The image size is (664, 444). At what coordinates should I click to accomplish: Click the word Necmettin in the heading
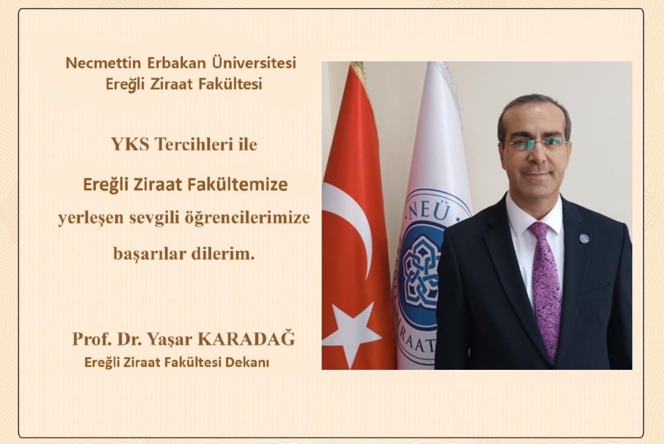pos(103,63)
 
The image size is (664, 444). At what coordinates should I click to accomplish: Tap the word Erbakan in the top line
pos(176,63)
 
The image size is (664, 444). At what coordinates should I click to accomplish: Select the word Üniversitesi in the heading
pos(254,63)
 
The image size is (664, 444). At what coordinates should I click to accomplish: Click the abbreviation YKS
pos(130,145)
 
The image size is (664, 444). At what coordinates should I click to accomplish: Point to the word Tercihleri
pos(194,145)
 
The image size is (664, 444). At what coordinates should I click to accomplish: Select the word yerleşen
pos(91,218)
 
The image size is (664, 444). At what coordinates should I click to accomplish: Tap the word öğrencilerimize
pos(247,218)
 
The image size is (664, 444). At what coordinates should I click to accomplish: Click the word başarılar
pos(150,254)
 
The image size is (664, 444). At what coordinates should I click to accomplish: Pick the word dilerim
pos(223,253)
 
